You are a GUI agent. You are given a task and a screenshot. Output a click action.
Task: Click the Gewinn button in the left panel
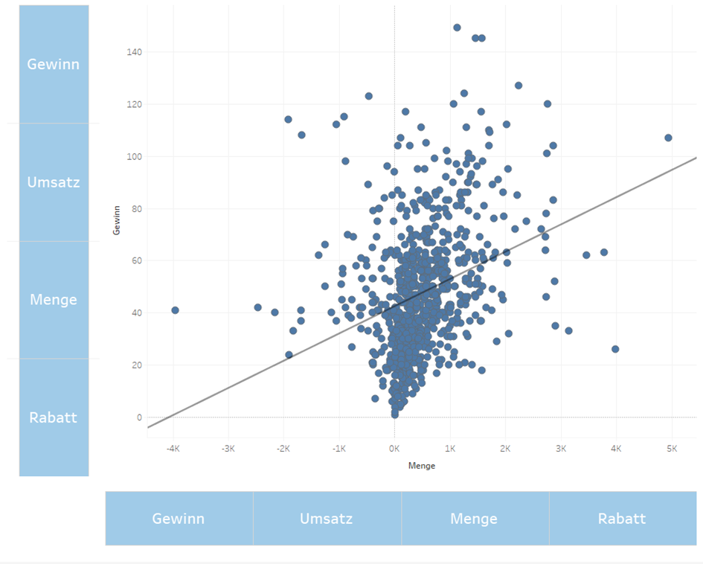click(54, 64)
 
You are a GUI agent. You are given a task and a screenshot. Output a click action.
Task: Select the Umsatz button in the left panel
click(54, 182)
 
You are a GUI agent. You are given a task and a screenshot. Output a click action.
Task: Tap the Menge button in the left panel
click(54, 299)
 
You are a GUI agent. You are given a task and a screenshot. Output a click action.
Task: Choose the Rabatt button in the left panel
click(54, 417)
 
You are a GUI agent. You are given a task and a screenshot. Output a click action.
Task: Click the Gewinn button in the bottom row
click(179, 519)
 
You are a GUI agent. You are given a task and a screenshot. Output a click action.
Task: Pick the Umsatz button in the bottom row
click(327, 519)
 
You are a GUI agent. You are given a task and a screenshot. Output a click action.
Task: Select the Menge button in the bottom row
click(475, 519)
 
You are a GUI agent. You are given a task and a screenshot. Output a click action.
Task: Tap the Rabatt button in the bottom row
click(623, 519)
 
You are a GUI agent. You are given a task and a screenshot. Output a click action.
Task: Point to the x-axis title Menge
click(422, 466)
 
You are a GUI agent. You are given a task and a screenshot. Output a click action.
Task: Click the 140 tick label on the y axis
click(134, 52)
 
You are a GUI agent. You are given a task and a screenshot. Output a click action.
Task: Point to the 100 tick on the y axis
click(134, 156)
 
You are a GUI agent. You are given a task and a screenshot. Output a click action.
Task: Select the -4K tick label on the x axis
click(173, 449)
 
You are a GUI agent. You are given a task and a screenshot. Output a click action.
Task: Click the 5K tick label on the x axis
click(672, 449)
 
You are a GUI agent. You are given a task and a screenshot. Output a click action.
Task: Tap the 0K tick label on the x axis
click(394, 449)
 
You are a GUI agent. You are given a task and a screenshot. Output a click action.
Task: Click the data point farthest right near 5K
click(668, 138)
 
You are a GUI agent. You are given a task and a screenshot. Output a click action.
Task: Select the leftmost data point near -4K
click(175, 310)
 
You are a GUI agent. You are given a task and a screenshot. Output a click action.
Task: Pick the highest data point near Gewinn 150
click(457, 28)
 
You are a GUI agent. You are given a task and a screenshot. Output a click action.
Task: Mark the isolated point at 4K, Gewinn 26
click(615, 349)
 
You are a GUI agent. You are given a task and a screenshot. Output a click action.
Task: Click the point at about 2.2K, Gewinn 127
click(519, 86)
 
